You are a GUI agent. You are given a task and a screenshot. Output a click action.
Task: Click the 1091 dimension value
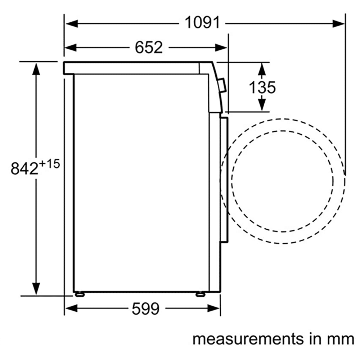point(202,22)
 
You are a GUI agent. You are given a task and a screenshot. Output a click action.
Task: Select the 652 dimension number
point(149,48)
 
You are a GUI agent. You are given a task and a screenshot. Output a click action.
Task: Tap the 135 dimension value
point(262,87)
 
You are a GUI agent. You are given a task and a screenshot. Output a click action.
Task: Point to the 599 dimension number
point(145,309)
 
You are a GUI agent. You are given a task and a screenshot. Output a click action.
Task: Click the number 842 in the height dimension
point(24,168)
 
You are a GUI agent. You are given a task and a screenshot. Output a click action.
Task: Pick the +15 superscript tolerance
point(49,164)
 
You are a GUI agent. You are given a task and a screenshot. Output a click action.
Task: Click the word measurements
point(248,339)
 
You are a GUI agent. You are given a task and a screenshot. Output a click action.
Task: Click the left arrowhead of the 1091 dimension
point(72,23)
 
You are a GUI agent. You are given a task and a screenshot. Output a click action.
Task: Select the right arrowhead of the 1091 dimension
point(339,23)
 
